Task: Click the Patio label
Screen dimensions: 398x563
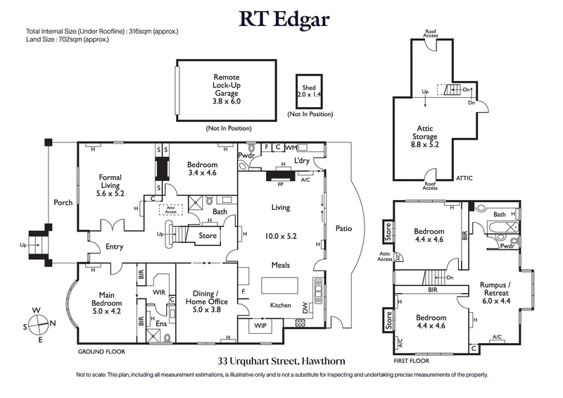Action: coord(343,228)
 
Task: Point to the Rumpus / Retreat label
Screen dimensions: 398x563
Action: coord(495,290)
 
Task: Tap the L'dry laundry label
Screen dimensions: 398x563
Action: coord(303,161)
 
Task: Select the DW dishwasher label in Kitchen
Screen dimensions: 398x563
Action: coord(305,308)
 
